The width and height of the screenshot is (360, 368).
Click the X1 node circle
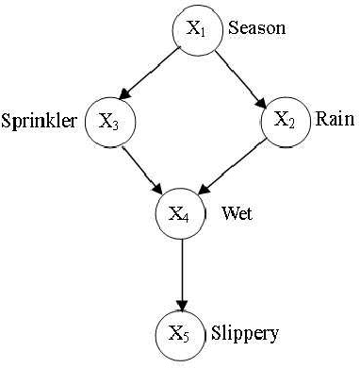[x=196, y=29]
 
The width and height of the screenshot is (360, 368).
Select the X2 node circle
[x=286, y=120]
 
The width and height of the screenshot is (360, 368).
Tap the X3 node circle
[x=108, y=121]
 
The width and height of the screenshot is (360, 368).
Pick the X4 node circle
[x=180, y=212]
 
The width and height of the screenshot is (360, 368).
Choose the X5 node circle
[x=179, y=333]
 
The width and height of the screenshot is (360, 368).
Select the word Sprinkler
[x=40, y=122]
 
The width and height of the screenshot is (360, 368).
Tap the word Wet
[x=237, y=213]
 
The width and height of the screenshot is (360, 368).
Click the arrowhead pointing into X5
[x=180, y=302]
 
